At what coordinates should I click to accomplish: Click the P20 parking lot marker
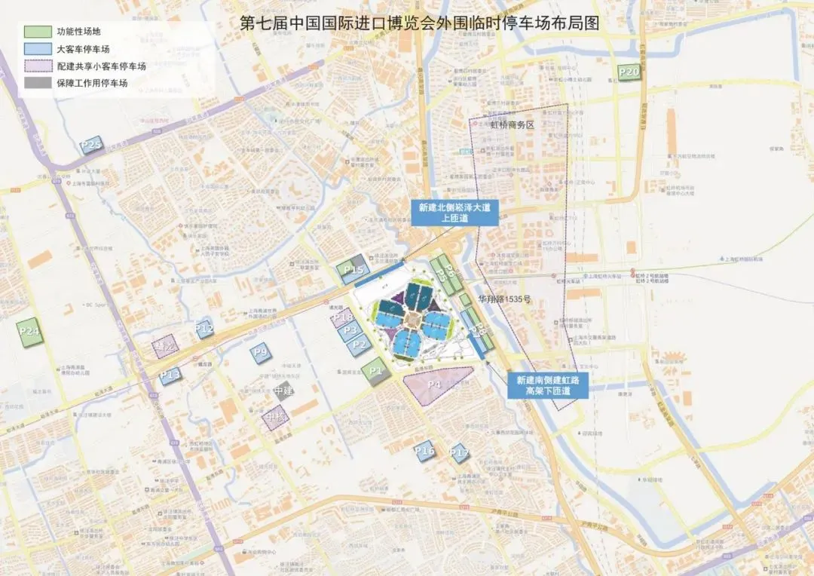click(629, 72)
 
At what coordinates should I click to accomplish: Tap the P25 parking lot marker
click(91, 145)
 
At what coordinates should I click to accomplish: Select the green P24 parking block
click(30, 332)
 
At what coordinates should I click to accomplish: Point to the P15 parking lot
click(353, 271)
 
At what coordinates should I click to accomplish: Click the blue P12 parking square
click(204, 329)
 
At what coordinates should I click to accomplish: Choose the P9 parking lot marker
click(261, 353)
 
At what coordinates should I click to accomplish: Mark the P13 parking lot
click(170, 375)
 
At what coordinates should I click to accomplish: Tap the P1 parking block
click(376, 372)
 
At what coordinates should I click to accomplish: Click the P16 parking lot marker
click(425, 451)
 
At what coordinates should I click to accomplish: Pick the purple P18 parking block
click(341, 317)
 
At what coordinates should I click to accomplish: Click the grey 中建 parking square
click(283, 391)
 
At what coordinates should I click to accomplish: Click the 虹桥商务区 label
click(511, 126)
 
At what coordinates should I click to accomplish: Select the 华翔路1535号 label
click(504, 299)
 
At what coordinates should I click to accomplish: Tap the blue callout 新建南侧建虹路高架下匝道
click(548, 386)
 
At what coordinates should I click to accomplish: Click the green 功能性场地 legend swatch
click(36, 32)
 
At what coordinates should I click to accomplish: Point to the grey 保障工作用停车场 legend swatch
click(36, 84)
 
